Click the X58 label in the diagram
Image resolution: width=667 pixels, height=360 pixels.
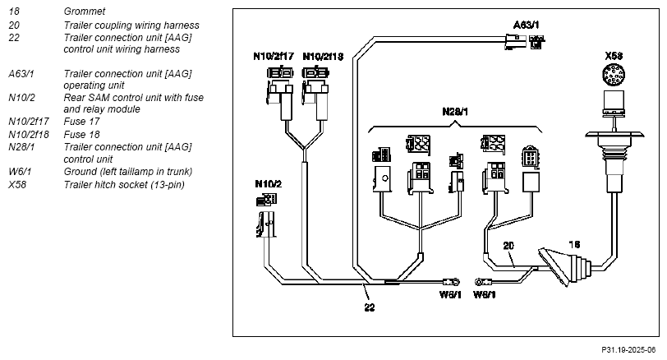point(614,56)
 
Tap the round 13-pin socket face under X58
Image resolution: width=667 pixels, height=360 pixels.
point(614,75)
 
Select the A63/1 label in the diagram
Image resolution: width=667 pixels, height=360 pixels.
point(526,25)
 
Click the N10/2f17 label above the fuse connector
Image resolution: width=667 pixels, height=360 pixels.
point(274,56)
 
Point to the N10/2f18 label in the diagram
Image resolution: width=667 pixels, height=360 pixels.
point(323,56)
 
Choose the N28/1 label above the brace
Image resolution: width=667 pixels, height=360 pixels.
point(455,112)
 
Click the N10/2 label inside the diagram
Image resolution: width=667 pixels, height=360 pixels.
point(268,184)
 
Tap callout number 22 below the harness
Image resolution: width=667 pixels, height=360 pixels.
point(370,307)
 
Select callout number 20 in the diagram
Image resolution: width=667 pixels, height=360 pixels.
point(508,246)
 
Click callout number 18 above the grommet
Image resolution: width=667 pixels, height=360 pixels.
point(574,244)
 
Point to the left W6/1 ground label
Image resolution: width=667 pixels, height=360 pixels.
point(450,294)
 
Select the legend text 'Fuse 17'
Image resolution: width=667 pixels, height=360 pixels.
point(81,122)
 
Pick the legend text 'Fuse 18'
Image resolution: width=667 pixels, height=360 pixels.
point(81,135)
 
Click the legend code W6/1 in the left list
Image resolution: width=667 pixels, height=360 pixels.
point(20,172)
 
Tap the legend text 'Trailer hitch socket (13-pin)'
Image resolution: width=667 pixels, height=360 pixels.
point(124,185)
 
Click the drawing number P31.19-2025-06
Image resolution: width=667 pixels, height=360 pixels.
point(628,350)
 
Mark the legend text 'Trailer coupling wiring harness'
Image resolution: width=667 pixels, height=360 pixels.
point(131,25)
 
